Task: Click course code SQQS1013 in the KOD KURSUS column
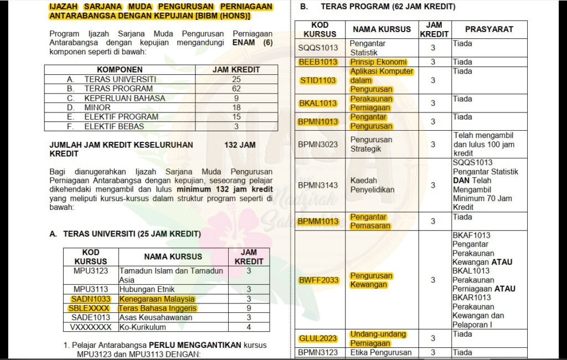(x=318, y=48)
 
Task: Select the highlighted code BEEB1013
(x=318, y=61)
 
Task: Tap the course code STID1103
(x=318, y=80)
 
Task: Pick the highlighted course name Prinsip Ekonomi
(x=378, y=61)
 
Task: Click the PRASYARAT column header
(x=489, y=29)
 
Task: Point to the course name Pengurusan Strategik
(x=371, y=144)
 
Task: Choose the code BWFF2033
(x=318, y=280)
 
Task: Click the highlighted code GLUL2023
(x=318, y=338)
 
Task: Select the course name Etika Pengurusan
(x=381, y=352)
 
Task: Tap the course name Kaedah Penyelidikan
(x=372, y=185)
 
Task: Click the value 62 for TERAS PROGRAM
(x=236, y=89)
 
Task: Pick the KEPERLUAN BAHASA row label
(x=125, y=98)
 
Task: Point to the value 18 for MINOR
(x=236, y=107)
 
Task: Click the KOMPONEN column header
(x=120, y=70)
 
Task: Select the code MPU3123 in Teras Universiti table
(x=90, y=271)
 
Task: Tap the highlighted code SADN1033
(x=90, y=299)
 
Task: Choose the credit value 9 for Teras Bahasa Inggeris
(x=249, y=308)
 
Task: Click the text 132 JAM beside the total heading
(x=240, y=145)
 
